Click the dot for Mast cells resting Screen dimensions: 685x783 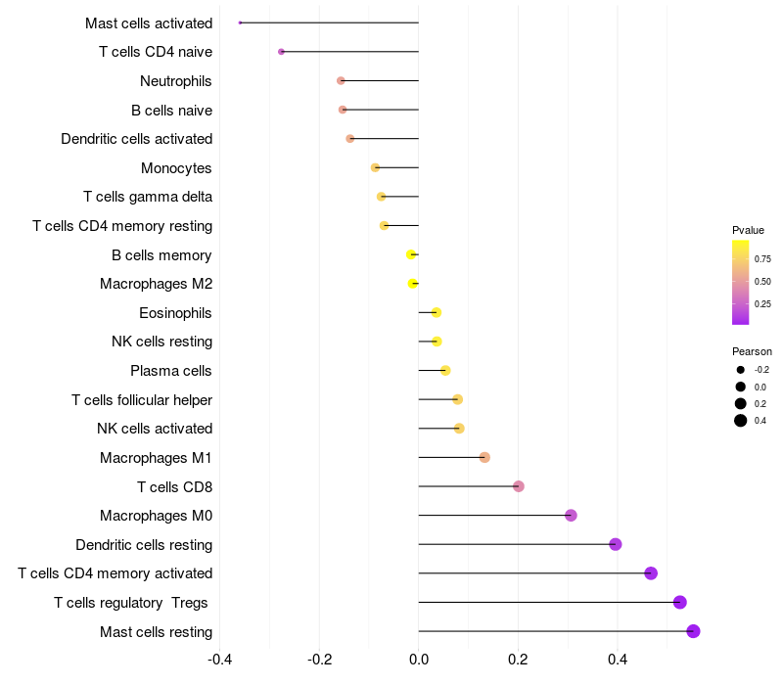click(693, 631)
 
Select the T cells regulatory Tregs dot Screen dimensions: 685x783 click(680, 603)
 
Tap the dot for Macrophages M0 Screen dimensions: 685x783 click(571, 516)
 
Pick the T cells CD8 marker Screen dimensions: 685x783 click(519, 486)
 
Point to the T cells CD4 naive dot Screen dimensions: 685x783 click(281, 51)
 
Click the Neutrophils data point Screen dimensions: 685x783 click(341, 80)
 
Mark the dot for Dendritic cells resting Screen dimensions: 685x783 click(616, 544)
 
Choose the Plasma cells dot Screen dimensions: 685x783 click(445, 370)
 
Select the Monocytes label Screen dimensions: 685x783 click(176, 168)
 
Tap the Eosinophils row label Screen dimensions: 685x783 click(175, 313)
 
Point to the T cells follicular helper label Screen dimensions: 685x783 click(142, 400)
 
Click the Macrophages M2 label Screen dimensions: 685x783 click(156, 284)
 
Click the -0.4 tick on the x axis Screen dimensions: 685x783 click(220, 659)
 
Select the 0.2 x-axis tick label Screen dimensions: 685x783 click(518, 659)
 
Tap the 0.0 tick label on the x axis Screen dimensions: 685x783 click(419, 659)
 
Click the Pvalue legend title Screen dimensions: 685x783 click(748, 230)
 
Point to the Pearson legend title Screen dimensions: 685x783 click(752, 351)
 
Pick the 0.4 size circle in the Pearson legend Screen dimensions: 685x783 click(741, 421)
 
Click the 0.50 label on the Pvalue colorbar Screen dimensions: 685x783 click(762, 282)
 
